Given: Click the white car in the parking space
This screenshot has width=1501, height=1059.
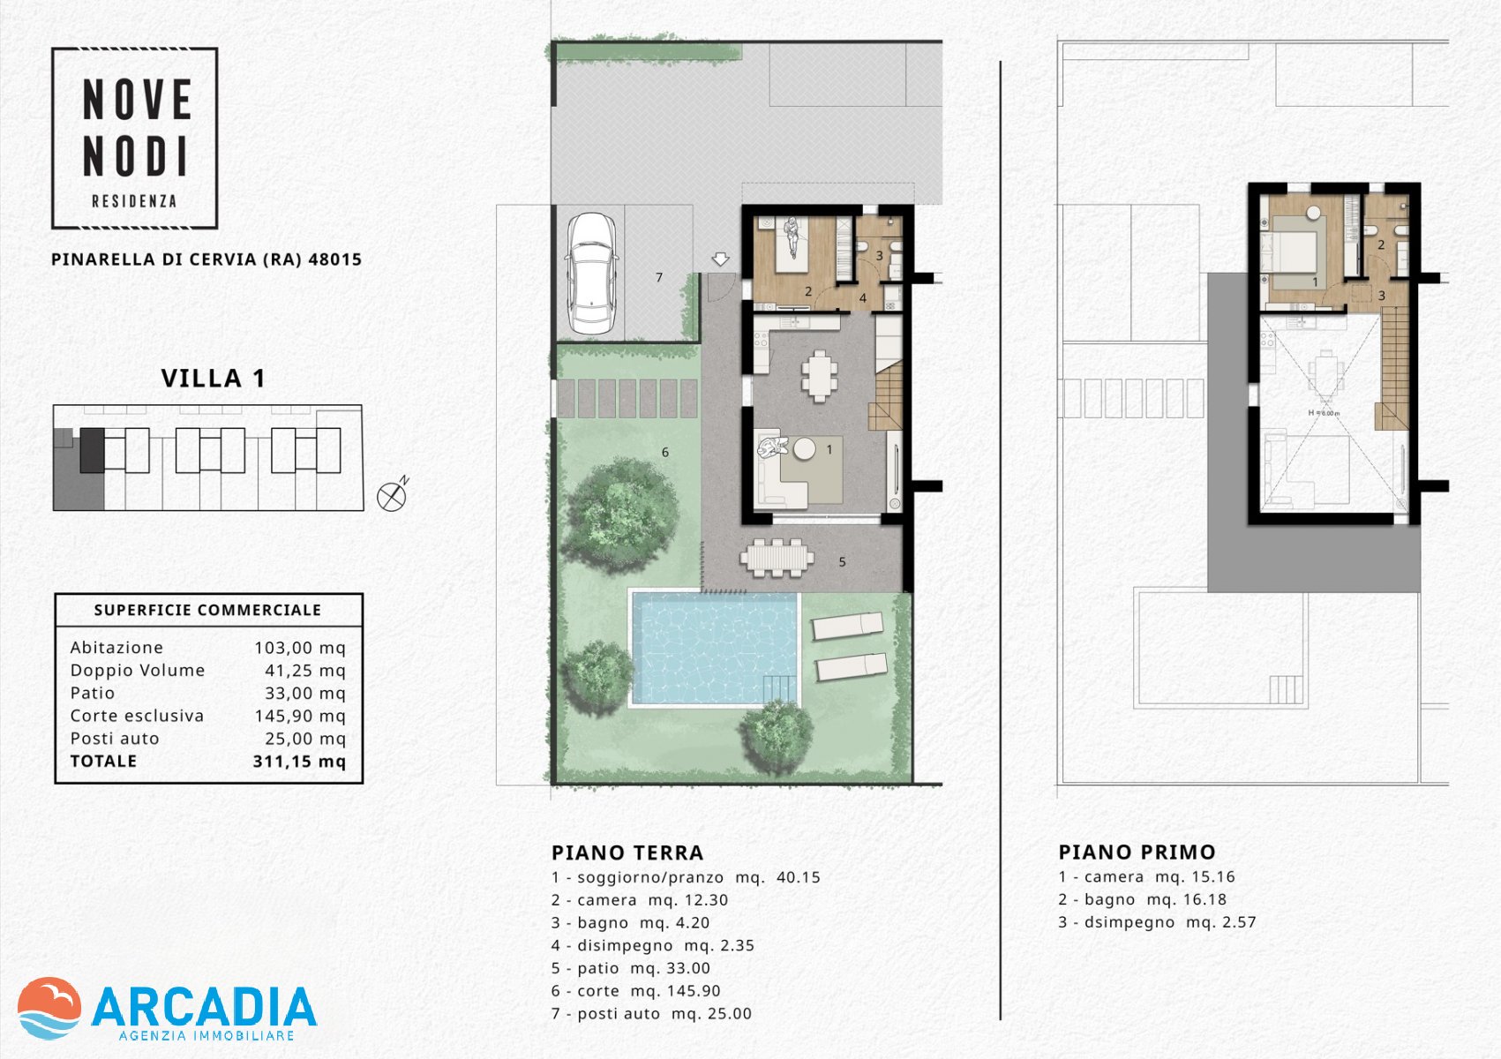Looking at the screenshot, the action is coord(592,274).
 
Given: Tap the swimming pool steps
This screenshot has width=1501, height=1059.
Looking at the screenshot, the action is coord(780,689).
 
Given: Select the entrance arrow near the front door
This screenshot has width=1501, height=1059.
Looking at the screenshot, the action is coord(720,259).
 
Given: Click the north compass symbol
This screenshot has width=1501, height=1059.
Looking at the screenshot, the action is coord(393,495).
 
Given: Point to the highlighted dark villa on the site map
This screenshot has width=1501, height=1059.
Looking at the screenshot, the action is coord(93,450).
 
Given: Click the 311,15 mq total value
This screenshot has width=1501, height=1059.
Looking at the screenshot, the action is coord(299,762).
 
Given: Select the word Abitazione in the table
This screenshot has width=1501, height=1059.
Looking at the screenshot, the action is coord(116,648).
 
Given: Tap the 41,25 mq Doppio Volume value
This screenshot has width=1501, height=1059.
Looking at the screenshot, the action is coord(305,670).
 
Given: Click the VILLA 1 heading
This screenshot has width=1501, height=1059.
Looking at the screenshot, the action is coord(213,379).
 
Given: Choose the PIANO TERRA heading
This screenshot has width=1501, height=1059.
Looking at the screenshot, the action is coord(627,852).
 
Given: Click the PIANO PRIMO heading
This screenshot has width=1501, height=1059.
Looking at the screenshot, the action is coord(1137,852).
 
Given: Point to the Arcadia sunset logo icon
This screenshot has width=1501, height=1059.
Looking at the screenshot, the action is coord(49,1008).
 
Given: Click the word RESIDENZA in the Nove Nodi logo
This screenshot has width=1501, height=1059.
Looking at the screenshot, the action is coord(134,201).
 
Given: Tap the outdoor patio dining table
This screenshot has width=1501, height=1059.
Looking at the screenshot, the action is coord(777,558).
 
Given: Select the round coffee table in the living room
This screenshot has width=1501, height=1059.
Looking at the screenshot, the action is coord(804,448).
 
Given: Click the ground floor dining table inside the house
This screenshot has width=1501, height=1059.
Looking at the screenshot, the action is coord(820,376).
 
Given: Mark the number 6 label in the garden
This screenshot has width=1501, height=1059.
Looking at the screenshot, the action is coord(664,453).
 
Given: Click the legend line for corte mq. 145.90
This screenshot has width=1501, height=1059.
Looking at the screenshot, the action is coord(636,991).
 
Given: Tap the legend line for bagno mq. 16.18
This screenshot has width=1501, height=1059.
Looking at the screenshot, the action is coord(1143,899).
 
